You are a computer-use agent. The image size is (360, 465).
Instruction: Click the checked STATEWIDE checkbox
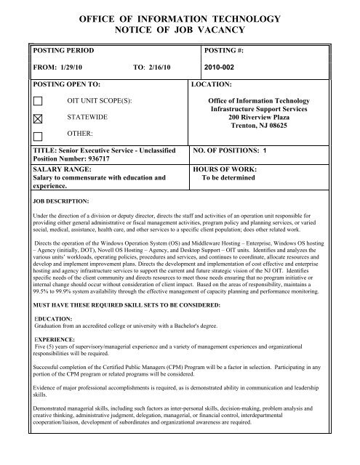click(39, 118)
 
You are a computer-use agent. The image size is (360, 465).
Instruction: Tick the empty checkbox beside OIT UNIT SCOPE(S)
click(39, 100)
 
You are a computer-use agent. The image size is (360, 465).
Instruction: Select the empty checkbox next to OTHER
click(39, 135)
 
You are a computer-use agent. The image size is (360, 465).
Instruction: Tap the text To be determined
click(231, 177)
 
